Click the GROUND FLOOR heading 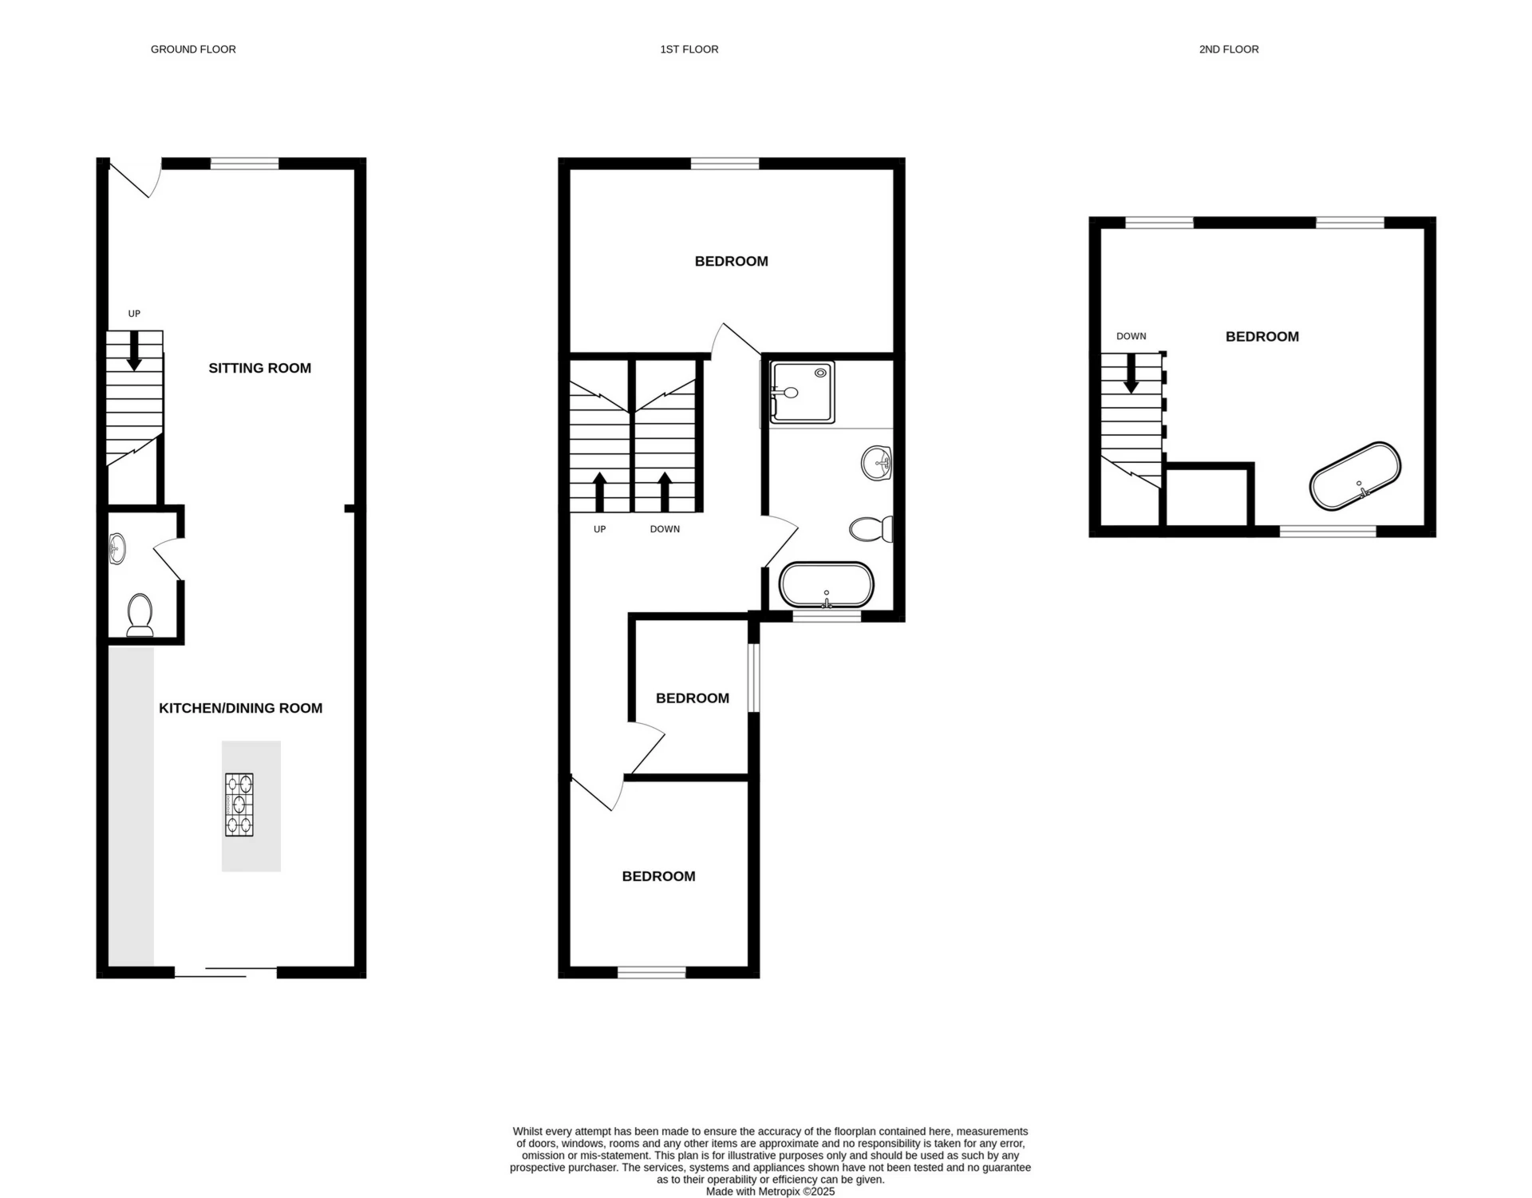coord(193,49)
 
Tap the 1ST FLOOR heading coord(689,49)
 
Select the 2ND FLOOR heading coord(1229,49)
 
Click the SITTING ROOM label coord(260,368)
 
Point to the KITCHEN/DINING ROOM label coord(241,708)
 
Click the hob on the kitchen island coord(239,805)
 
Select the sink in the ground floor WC coord(117,549)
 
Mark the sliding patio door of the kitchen coord(226,971)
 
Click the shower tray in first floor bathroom coord(802,392)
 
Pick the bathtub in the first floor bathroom coord(827,586)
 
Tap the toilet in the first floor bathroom coord(871,529)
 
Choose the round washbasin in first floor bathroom coord(877,463)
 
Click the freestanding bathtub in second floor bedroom coord(1356,476)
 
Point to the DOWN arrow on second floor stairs coord(1131,374)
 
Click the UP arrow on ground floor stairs coord(134,350)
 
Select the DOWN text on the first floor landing coord(665,529)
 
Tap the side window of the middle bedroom coord(754,678)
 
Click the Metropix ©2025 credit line coord(770,1192)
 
